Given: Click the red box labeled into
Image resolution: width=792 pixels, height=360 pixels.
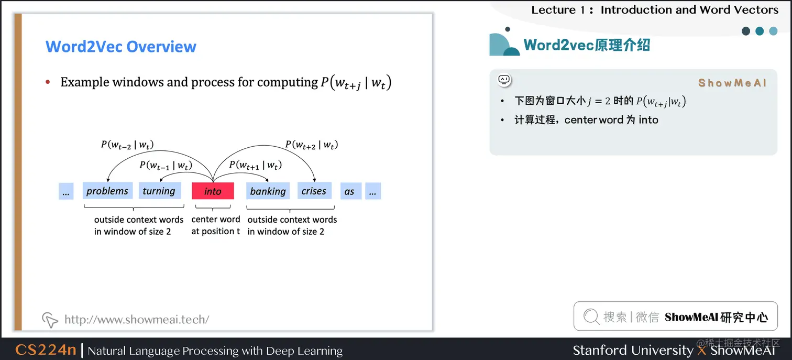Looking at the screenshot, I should [213, 191].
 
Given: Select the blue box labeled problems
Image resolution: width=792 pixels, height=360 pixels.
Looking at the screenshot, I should [107, 191].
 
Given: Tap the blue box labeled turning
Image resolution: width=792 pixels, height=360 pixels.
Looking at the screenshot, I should [159, 191].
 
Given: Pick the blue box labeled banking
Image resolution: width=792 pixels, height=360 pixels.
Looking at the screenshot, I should [268, 191].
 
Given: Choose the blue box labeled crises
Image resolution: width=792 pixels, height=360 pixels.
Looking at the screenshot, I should [314, 191].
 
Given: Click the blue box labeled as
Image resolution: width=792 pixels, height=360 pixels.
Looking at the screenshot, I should [349, 191].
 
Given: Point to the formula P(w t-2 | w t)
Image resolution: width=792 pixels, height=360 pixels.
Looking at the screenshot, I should [127, 145].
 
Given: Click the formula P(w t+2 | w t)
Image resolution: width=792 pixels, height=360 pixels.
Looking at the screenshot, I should [311, 145].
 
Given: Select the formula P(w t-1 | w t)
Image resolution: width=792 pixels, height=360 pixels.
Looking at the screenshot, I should [166, 165].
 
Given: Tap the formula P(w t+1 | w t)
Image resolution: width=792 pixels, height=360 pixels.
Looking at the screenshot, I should [256, 165].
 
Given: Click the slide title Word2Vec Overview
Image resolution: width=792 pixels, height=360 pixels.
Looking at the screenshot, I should [121, 47].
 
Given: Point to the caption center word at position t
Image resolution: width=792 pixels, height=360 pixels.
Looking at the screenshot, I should [215, 225].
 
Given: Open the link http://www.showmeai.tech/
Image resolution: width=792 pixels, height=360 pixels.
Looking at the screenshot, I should [137, 319].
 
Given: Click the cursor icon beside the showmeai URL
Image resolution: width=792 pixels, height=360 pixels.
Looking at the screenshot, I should [49, 319].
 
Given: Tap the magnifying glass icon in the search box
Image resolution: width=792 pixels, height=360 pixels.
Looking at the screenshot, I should [591, 317].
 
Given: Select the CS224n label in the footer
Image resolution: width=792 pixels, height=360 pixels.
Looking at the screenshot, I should [46, 350].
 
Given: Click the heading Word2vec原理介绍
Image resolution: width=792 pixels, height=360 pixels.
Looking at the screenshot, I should [587, 45].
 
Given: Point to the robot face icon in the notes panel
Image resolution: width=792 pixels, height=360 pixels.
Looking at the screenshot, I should [504, 80].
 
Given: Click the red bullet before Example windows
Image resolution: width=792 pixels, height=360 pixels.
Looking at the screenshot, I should [48, 82].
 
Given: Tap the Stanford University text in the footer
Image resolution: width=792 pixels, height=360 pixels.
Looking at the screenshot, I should [632, 350].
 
